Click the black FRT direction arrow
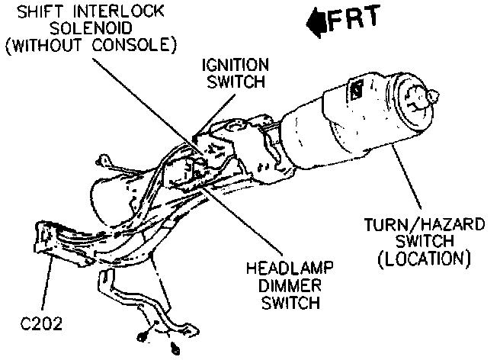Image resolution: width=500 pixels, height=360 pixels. pos(314,22)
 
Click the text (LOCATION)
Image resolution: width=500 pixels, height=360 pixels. pos(424,259)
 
